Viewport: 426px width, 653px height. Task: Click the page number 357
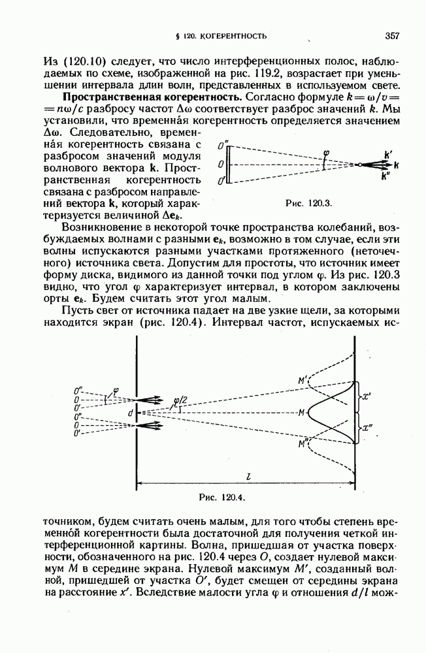tap(392, 35)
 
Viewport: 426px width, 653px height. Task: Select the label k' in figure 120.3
tap(389, 155)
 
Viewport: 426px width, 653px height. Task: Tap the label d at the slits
tap(131, 413)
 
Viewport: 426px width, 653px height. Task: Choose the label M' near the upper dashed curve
tap(303, 380)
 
